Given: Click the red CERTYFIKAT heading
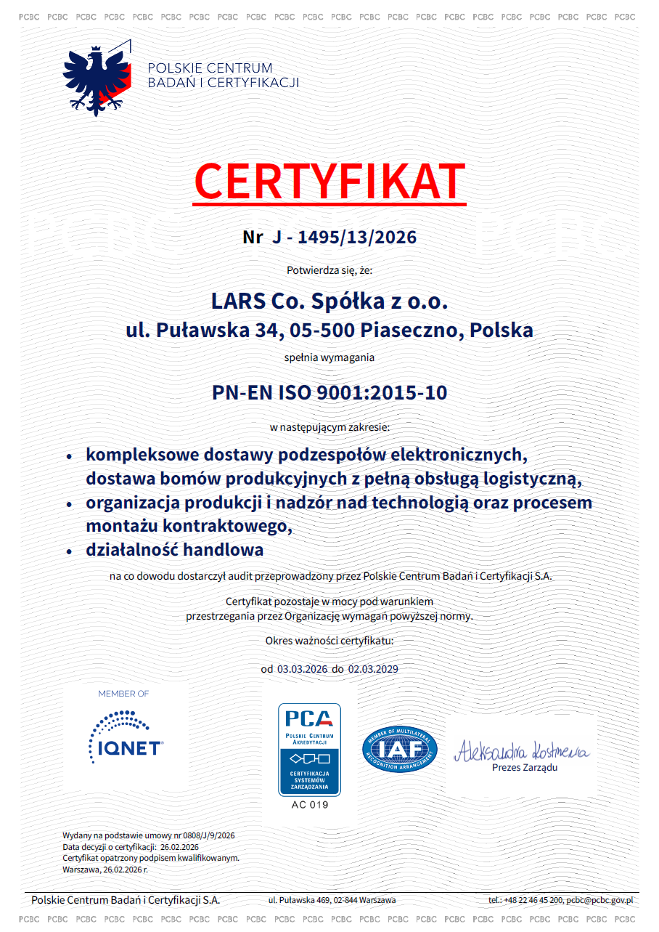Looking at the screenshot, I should [x=329, y=182].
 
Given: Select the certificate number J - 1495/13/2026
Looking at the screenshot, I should [x=344, y=237].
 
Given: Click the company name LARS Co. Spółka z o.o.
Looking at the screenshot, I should [x=329, y=300].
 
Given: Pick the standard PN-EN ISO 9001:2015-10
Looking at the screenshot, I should [x=329, y=393].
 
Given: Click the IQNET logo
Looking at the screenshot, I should [x=126, y=741].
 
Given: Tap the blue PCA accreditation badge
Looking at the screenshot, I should [x=309, y=749].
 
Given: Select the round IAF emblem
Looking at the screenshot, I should [x=399, y=749].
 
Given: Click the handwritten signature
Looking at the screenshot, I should [x=521, y=750].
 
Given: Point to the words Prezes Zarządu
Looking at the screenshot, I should [x=525, y=768].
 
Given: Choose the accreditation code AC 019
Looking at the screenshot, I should [x=309, y=805].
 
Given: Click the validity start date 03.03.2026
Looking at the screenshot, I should [x=303, y=669].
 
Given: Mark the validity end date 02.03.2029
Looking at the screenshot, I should [x=373, y=669].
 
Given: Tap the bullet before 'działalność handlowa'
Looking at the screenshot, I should [x=69, y=551].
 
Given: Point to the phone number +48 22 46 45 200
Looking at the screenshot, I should [x=533, y=900].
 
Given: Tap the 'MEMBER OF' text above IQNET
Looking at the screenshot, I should [x=123, y=694].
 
